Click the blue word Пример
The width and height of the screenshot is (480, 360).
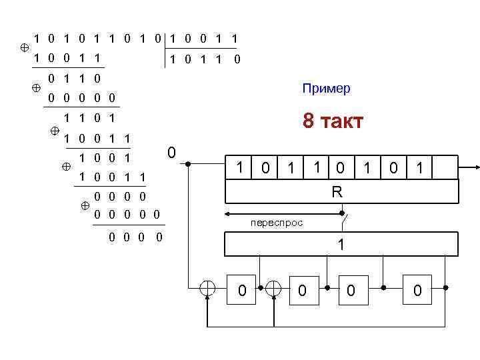326,89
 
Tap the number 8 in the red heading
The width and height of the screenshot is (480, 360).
308,121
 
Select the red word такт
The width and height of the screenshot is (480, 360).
341,121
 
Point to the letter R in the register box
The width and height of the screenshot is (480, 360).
337,192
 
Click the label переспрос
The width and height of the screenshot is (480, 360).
277,223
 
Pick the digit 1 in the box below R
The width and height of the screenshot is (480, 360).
341,245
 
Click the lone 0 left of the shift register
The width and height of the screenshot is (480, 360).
171,153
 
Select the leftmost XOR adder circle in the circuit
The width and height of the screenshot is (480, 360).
208,288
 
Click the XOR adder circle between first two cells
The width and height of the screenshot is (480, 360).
274,288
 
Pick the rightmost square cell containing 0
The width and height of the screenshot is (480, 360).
417,289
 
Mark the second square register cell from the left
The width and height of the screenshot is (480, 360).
302,289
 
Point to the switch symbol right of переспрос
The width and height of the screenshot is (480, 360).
344,214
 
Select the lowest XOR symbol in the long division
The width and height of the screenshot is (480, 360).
85,206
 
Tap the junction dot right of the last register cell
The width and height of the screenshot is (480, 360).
445,288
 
